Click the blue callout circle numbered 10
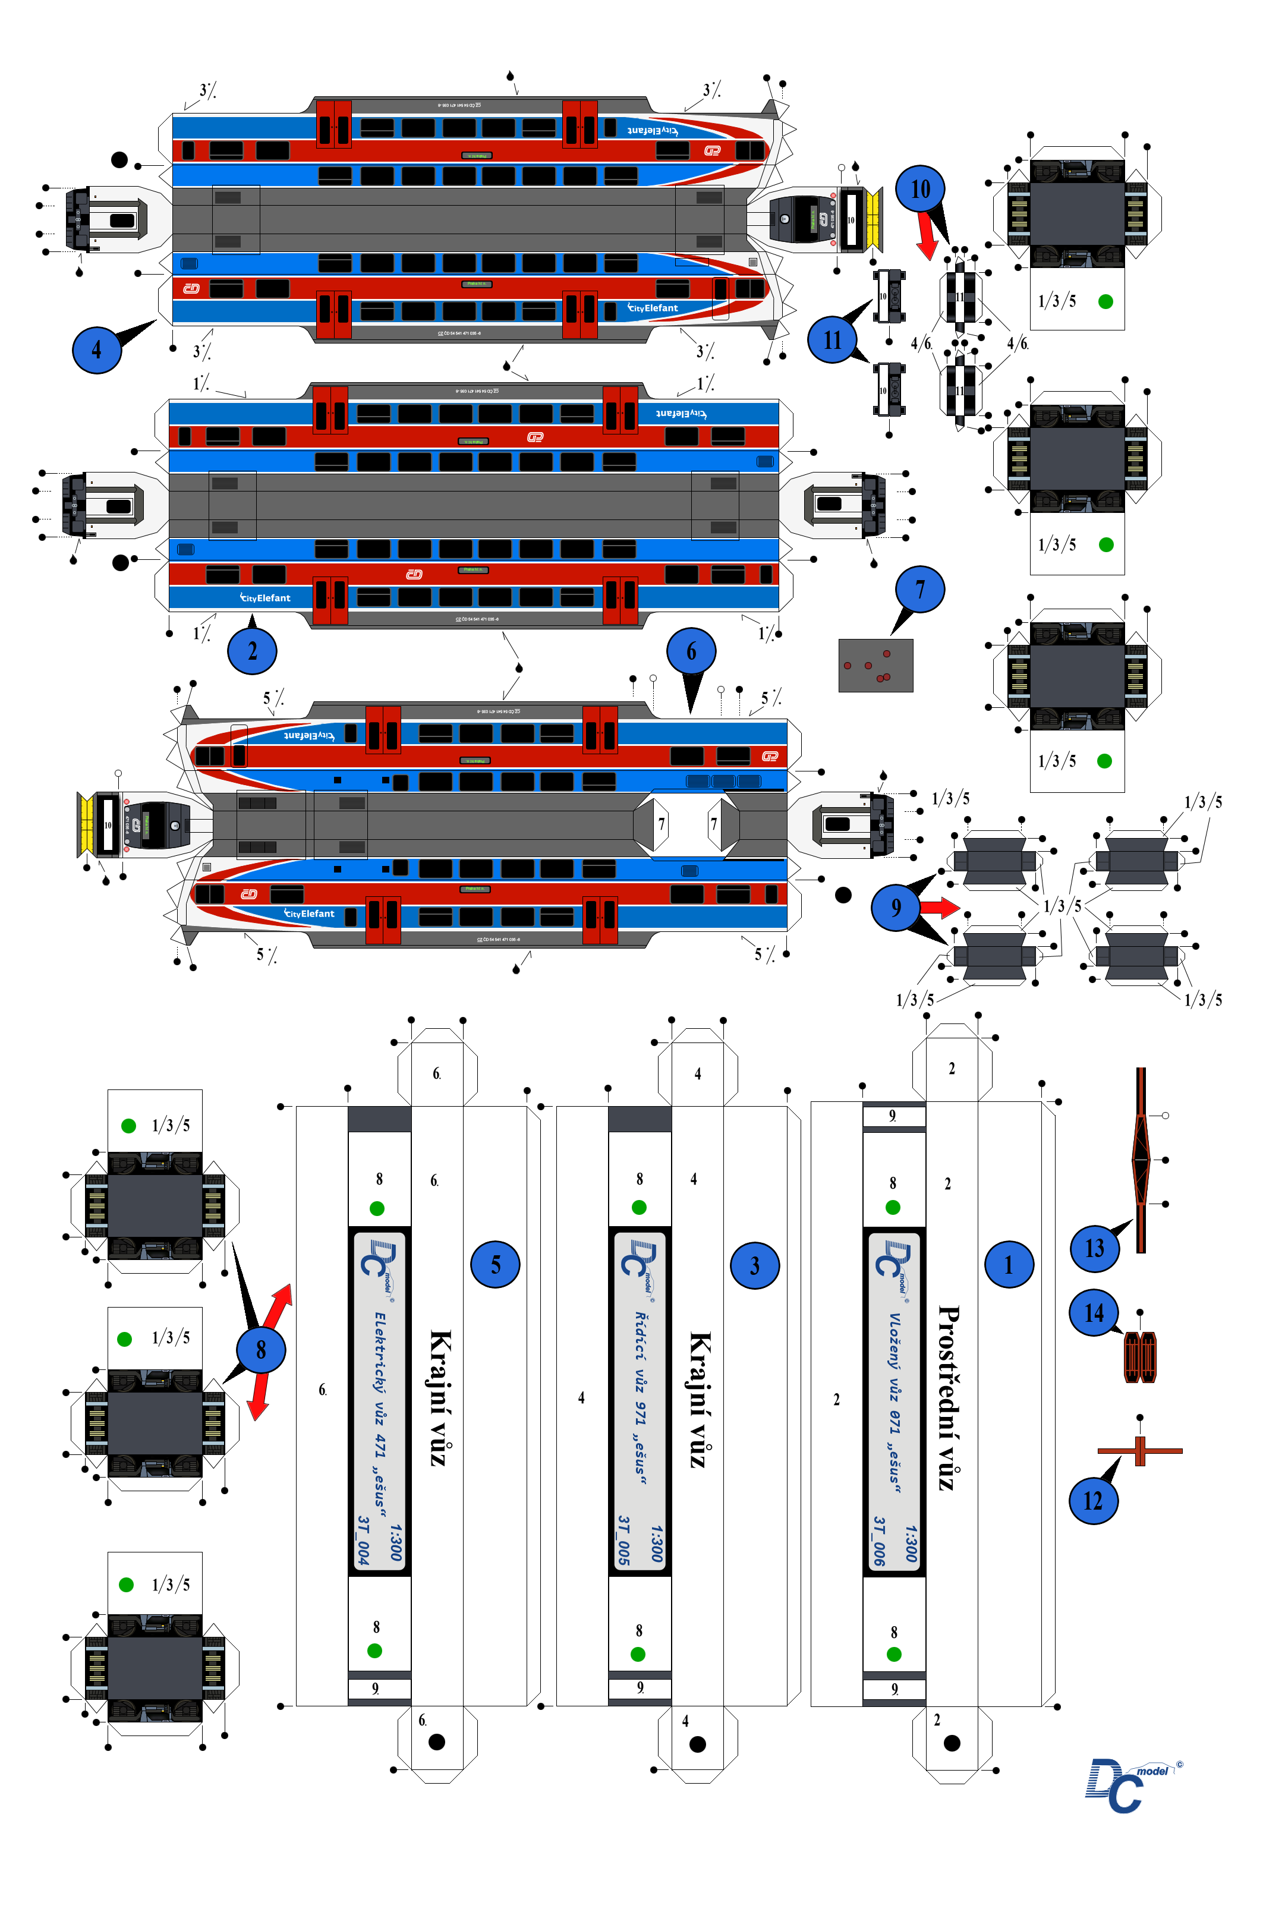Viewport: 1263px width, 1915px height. pyautogui.click(x=920, y=189)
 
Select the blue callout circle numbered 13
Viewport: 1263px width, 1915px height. pyautogui.click(x=1094, y=1248)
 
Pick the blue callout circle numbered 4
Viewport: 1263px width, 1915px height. pyautogui.click(x=97, y=349)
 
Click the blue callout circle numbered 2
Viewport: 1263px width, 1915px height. pyautogui.click(x=252, y=651)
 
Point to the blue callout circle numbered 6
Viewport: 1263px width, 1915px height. pyautogui.click(x=691, y=651)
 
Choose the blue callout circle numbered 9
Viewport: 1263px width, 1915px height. pyautogui.click(x=896, y=907)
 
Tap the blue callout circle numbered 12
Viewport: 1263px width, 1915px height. pyautogui.click(x=1093, y=1500)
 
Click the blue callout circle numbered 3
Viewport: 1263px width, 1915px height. pyautogui.click(x=755, y=1265)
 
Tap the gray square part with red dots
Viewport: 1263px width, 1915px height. pyautogui.click(x=875, y=665)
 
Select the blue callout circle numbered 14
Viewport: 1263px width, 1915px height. pyautogui.click(x=1093, y=1313)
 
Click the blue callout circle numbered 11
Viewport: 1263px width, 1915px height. pyautogui.click(x=832, y=340)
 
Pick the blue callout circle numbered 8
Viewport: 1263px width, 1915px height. pyautogui.click(x=260, y=1350)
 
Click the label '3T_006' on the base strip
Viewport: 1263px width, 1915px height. pyautogui.click(x=880, y=1541)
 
